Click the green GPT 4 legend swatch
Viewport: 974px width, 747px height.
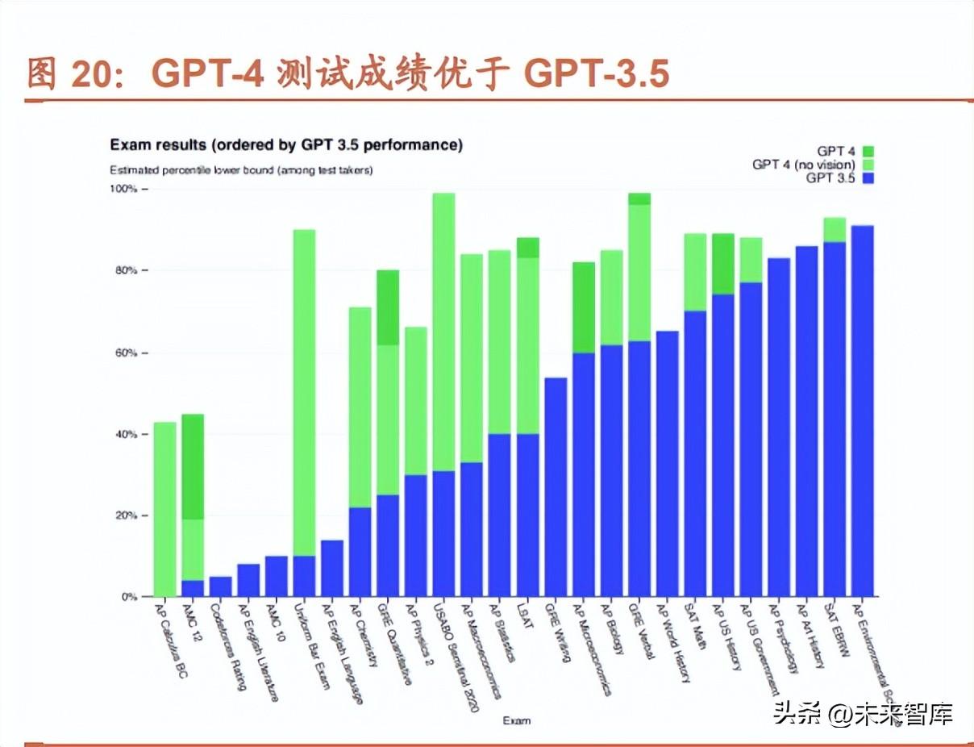(868, 151)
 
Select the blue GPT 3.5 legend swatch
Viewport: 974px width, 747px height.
(868, 178)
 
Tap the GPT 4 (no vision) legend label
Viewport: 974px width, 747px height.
(803, 165)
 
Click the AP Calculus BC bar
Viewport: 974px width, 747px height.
(164, 509)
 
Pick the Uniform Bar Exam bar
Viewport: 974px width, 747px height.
(304, 403)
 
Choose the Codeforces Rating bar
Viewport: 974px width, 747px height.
(221, 586)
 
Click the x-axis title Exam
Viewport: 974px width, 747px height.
(516, 720)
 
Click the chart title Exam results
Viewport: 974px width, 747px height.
(286, 145)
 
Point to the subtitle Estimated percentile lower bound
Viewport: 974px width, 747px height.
(241, 170)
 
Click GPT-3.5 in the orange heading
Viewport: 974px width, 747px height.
(597, 74)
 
